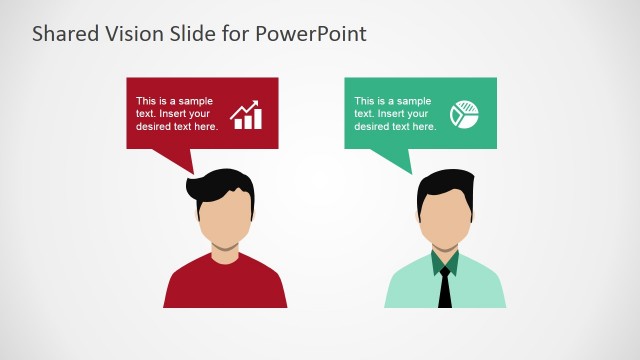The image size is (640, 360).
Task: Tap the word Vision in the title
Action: [x=132, y=33]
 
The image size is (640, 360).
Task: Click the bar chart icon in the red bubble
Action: [x=246, y=115]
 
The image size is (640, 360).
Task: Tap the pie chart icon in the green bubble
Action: [x=462, y=114]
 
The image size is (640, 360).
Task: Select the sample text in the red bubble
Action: [x=176, y=113]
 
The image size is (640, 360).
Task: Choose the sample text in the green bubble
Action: [x=394, y=113]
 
